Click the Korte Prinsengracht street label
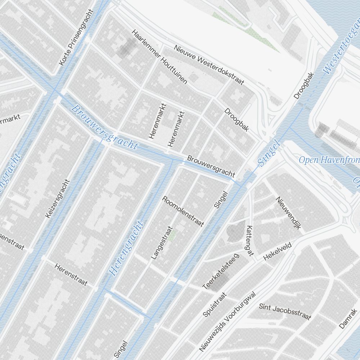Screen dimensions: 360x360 76,37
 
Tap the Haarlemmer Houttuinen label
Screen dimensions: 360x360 159,57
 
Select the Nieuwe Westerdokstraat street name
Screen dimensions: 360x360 209,65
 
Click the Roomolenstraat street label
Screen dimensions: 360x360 183,211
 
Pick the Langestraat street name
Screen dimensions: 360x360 162,243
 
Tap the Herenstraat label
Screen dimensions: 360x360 71,274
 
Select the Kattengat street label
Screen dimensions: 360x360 249,241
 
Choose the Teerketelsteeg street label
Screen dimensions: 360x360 221,271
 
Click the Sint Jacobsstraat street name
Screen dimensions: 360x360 285,311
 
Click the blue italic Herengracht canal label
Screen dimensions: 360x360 126,248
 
